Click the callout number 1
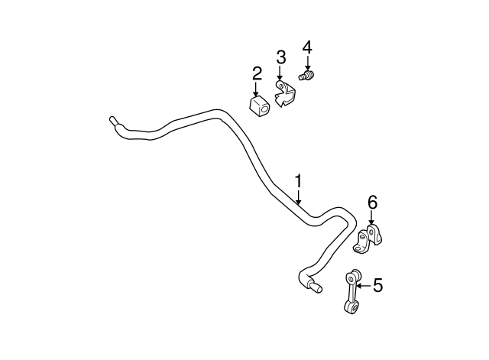(299, 181)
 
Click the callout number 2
(257, 73)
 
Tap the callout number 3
(280, 57)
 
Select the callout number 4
(307, 47)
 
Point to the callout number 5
(377, 286)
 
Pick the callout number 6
(372, 203)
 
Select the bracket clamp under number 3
(285, 96)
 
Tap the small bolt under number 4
(309, 76)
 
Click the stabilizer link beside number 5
(352, 290)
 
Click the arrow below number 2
(257, 89)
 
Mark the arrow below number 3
(280, 73)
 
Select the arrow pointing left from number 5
(362, 286)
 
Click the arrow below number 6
(371, 219)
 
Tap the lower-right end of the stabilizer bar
(314, 287)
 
